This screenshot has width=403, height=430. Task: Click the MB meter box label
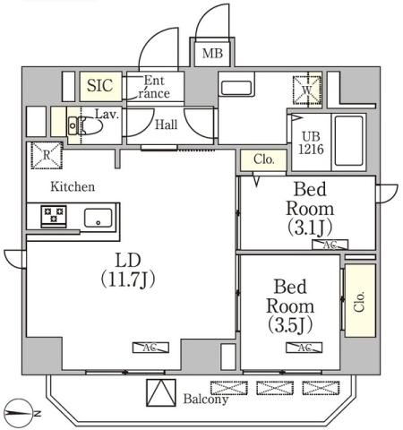pos(212,54)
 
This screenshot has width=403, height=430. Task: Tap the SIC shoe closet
pos(99,86)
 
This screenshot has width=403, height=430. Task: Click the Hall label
pos(167,125)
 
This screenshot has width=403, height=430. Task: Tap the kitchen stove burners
pos(53,216)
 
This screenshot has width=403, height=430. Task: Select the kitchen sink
pos(98,218)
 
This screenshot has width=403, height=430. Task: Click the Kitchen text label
pos(72,187)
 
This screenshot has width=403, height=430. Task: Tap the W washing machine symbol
pos(306,90)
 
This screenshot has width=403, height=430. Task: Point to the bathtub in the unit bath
pos(348,141)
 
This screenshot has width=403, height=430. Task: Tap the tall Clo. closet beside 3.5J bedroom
pos(360,301)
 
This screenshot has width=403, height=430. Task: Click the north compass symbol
pos(21,413)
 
